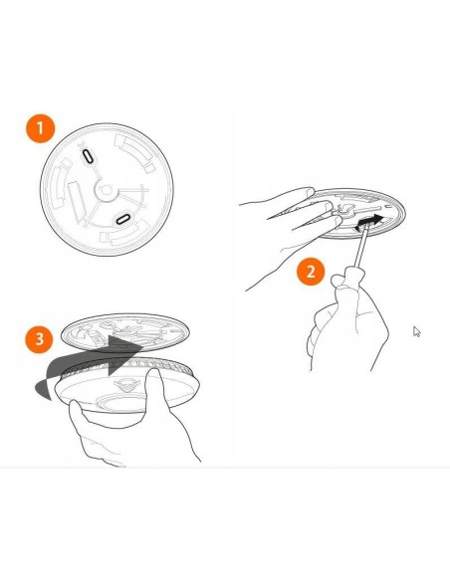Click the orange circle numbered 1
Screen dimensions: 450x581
40,128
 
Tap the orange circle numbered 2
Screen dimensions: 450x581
311,272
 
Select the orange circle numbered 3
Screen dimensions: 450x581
39,339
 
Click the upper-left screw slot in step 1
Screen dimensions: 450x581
89,156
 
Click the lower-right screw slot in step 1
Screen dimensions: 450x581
122,219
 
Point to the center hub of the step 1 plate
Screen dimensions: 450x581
106,190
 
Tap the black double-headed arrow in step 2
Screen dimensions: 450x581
369,223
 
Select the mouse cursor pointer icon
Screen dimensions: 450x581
416,331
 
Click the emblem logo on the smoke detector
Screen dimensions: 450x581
127,385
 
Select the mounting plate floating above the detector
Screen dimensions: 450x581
124,332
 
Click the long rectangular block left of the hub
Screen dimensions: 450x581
77,202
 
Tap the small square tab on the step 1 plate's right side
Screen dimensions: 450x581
149,168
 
